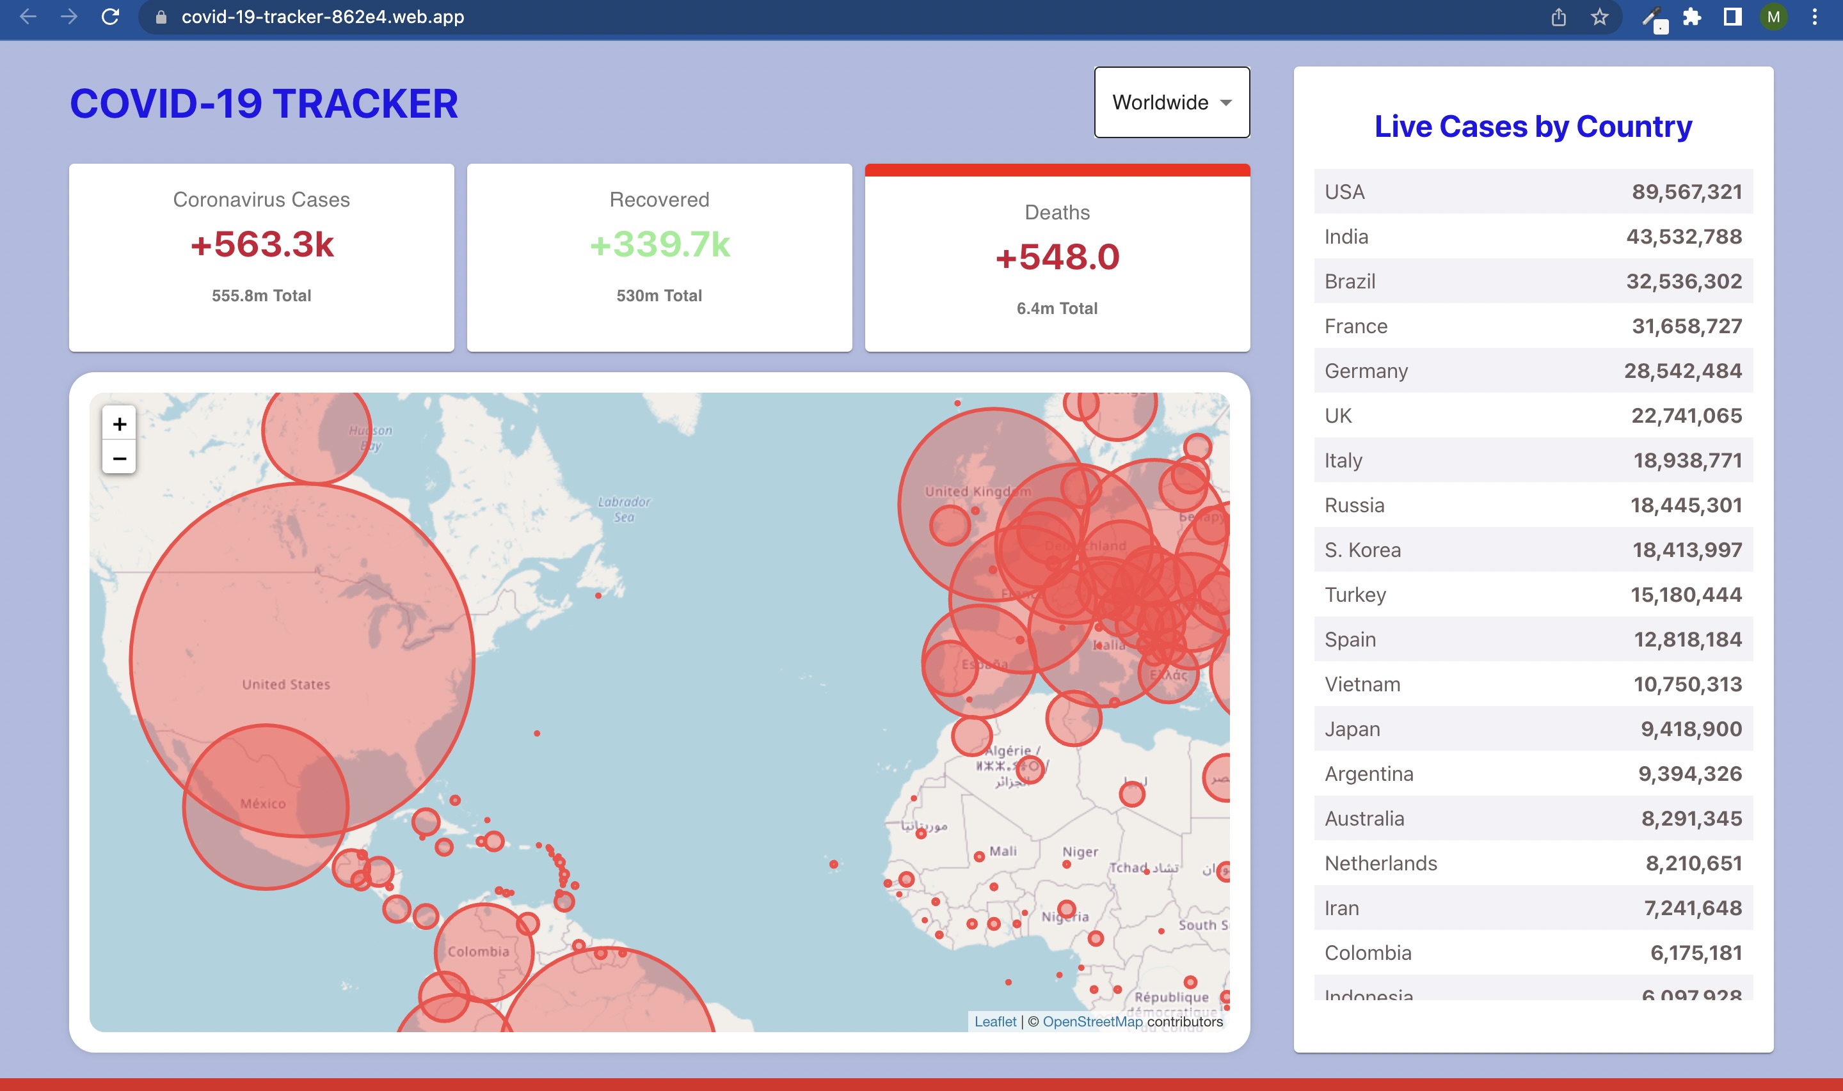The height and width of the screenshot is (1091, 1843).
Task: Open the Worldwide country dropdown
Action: click(x=1172, y=102)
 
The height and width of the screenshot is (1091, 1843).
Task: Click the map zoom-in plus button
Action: click(x=119, y=424)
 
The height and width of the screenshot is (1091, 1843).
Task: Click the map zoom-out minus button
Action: click(x=119, y=459)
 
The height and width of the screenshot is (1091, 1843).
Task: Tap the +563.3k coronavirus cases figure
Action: click(x=262, y=244)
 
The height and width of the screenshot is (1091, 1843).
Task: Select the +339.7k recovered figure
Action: click(x=660, y=244)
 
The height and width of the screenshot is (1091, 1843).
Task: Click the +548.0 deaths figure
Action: click(x=1057, y=257)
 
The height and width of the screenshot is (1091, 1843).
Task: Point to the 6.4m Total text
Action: click(x=1057, y=309)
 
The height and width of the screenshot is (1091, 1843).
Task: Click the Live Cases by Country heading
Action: click(x=1533, y=127)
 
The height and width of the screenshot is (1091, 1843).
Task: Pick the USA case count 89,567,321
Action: click(x=1686, y=192)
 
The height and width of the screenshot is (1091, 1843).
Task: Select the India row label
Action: click(x=1346, y=237)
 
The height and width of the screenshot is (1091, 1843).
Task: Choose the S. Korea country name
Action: click(x=1362, y=550)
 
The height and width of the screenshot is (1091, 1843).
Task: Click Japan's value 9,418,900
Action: click(x=1691, y=729)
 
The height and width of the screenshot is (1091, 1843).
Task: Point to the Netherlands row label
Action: click(x=1380, y=863)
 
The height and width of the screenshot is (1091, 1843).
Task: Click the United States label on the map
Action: click(x=286, y=684)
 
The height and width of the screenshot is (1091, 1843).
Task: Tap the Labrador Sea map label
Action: click(x=624, y=509)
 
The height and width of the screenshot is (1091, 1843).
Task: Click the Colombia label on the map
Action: click(x=478, y=952)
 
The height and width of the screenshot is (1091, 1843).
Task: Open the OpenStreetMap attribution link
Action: click(x=1092, y=1021)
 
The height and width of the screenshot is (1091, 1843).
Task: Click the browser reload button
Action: click(x=110, y=17)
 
